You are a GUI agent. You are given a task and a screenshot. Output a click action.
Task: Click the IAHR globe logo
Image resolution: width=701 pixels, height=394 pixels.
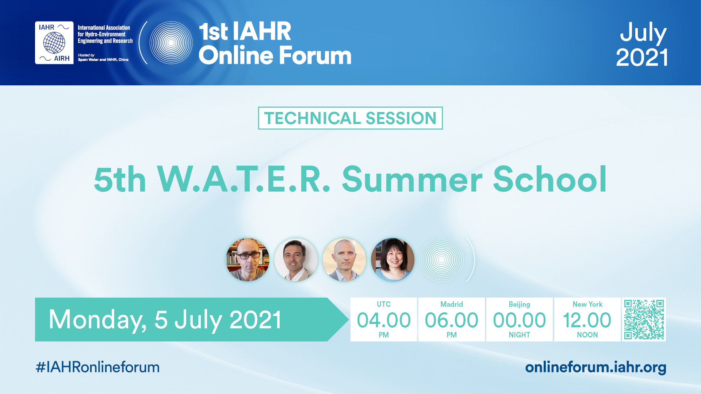click(x=54, y=43)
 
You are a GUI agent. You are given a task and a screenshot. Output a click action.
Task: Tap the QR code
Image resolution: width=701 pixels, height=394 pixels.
click(x=644, y=320)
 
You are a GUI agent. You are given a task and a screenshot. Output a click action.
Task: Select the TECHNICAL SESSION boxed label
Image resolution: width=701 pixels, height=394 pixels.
click(x=350, y=118)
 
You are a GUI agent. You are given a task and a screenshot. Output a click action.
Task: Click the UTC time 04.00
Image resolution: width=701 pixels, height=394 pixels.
click(x=384, y=320)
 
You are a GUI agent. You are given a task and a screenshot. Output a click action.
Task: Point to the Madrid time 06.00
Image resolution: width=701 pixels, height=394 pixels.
click(x=452, y=320)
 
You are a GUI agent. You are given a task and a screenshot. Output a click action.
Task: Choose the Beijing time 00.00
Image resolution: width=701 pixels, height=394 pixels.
click(x=520, y=320)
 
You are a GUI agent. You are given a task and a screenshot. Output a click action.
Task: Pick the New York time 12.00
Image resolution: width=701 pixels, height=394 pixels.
click(x=587, y=320)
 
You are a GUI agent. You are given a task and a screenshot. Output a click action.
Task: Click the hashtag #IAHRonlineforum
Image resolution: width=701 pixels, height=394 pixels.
click(x=97, y=367)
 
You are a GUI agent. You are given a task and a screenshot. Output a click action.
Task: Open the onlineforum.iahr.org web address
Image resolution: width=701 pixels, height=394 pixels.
click(x=595, y=367)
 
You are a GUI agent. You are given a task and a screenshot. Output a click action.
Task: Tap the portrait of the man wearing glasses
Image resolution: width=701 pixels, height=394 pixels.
click(x=248, y=260)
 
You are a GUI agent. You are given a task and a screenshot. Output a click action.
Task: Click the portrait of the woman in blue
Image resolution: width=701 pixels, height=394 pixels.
click(x=392, y=260)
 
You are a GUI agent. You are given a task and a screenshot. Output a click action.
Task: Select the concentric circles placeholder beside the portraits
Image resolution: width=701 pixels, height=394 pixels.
click(x=441, y=260)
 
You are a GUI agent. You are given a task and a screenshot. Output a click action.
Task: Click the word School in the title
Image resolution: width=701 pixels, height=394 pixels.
click(x=550, y=179)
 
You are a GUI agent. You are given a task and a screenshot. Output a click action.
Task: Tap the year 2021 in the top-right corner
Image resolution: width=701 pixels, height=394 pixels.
click(x=642, y=57)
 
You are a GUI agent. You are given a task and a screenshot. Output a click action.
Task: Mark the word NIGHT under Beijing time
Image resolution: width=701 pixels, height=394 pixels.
click(x=520, y=335)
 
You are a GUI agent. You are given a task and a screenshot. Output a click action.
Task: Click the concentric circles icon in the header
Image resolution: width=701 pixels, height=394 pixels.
click(x=171, y=43)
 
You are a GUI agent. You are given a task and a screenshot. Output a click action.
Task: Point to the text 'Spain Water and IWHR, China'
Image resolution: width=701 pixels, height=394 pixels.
click(x=103, y=59)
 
